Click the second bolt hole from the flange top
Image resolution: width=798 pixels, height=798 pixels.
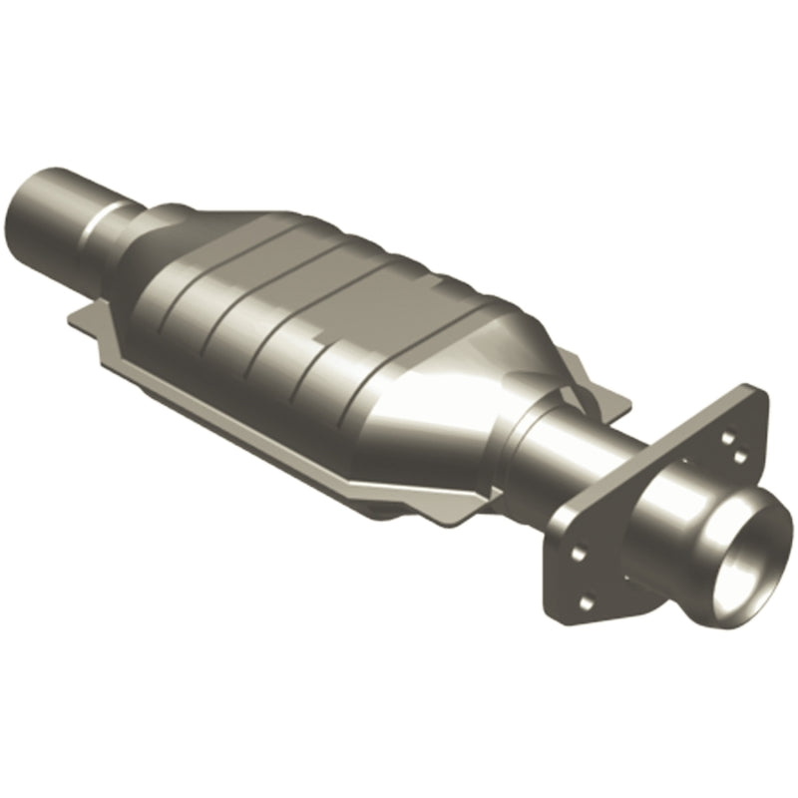click(739, 456)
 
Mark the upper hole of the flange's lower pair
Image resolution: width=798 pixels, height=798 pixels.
click(576, 550)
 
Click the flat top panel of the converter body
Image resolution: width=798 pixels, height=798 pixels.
click(329, 259)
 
